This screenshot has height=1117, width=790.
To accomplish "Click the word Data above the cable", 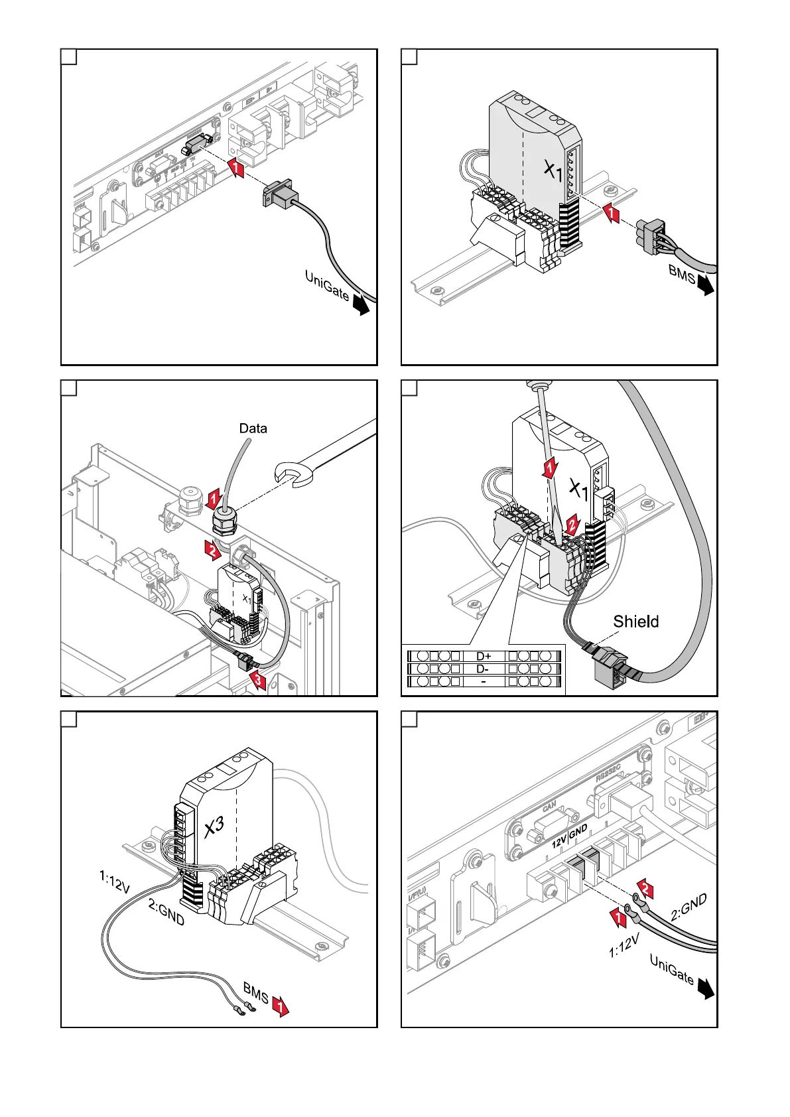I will [253, 428].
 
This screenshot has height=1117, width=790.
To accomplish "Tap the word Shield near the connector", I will [635, 622].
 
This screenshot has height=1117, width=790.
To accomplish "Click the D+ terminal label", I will [484, 657].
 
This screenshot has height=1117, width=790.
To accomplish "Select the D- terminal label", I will [484, 669].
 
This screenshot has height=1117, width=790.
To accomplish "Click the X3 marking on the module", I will [214, 826].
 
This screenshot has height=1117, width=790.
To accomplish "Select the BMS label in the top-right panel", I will [681, 273].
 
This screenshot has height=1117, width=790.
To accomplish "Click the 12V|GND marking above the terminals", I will [569, 836].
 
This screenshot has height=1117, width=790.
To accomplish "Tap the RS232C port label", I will [608, 773].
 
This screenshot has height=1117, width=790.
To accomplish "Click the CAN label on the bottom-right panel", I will [549, 807].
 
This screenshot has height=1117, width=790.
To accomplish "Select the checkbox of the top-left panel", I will [69, 57].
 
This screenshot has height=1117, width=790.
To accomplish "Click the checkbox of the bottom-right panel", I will [409, 720].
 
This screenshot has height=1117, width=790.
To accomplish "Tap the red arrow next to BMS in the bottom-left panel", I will [281, 1008].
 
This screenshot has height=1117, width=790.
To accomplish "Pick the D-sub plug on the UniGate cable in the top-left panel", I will [279, 196].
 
